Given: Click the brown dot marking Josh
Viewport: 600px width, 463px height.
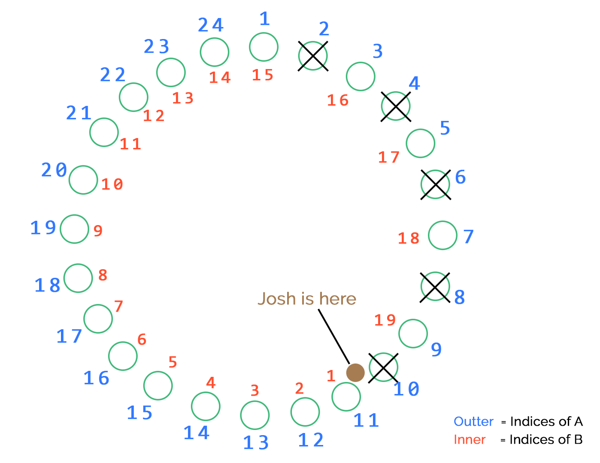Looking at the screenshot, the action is coord(355,373).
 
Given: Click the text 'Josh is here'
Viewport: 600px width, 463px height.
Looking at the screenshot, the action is coord(307,299).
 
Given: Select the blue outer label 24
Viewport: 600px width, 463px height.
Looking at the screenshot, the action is coord(211,25).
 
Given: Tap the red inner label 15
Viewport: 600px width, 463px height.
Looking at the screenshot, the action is coord(262,75).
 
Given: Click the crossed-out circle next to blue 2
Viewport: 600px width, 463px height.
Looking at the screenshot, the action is coord(313,56).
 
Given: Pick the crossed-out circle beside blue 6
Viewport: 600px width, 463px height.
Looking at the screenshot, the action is coord(435,184).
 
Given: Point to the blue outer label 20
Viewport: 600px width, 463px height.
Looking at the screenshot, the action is coord(54,170).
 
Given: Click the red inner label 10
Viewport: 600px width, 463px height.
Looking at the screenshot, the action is coord(112,184).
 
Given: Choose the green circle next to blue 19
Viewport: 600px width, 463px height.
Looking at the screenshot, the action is coord(74,229).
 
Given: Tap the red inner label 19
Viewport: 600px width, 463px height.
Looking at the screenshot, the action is coord(385,320).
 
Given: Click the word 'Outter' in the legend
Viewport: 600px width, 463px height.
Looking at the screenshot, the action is coord(473,421).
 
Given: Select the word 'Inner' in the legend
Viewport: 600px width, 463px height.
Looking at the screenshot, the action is coord(470,440).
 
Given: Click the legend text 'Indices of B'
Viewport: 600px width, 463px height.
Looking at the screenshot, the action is coord(546,440).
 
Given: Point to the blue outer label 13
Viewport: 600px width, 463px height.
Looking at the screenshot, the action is coord(256,442).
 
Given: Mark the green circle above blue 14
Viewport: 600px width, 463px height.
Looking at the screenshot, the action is coord(206,406).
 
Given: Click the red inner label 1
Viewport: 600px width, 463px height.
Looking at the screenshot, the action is coord(330,376).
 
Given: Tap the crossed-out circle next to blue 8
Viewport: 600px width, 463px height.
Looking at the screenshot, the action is coord(435,286).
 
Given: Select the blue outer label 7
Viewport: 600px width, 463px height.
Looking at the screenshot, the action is coord(468,236).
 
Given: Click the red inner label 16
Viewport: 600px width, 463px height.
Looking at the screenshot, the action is coord(338,100).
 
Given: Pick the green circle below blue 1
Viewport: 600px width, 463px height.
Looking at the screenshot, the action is coord(264,47).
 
